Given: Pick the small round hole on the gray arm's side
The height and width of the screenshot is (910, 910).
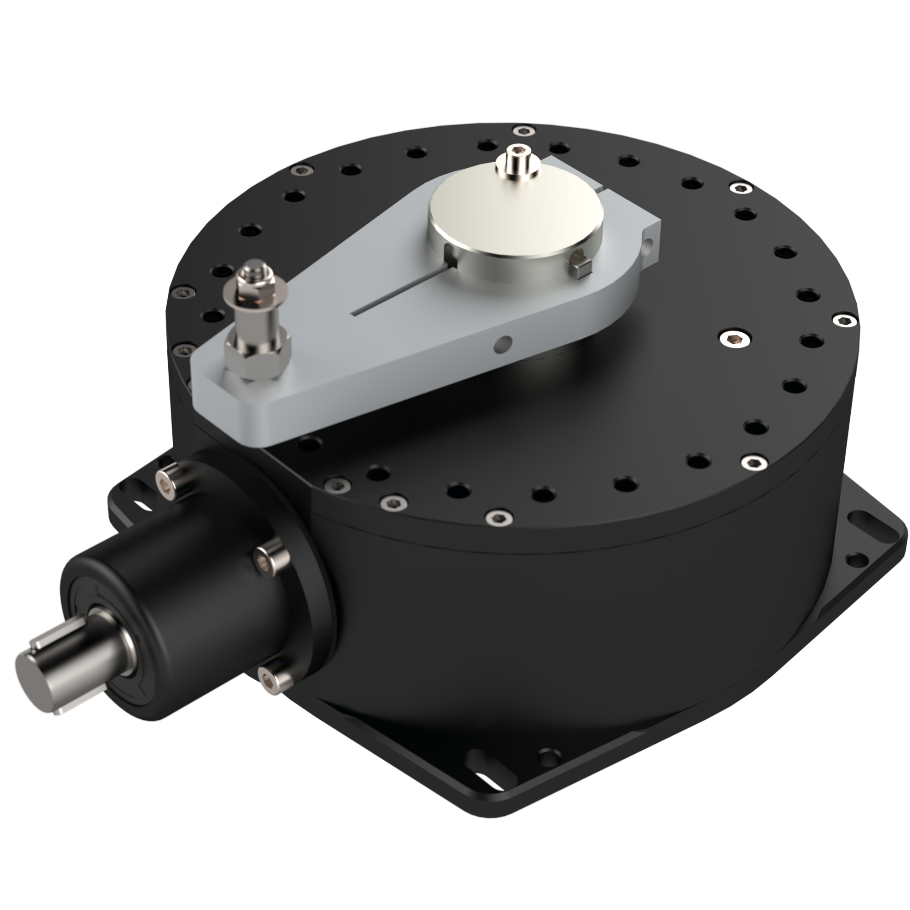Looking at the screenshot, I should (503, 344).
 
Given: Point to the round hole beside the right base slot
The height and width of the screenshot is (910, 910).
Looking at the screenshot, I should (856, 560).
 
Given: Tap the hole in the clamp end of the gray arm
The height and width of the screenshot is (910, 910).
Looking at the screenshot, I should (649, 245).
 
